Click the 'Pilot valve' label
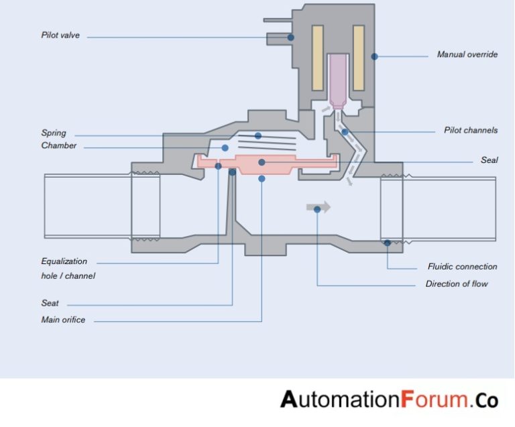[60, 35]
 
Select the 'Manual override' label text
[467, 54]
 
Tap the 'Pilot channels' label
[471, 130]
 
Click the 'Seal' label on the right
[489, 160]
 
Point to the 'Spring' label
[54, 133]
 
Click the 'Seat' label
[50, 303]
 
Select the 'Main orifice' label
[63, 320]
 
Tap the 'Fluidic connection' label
[463, 266]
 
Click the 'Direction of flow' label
[457, 284]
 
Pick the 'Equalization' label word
[64, 261]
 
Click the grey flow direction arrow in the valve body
[319, 207]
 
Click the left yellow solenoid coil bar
[318, 58]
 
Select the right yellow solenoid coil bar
[358, 58]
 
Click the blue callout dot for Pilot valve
[291, 37]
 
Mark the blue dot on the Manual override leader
[375, 56]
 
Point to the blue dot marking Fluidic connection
[388, 243]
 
